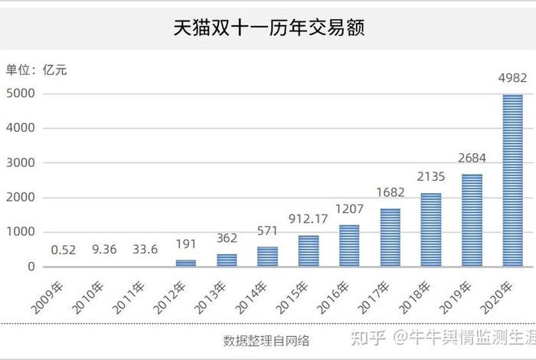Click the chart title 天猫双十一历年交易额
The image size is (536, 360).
coord(268,29)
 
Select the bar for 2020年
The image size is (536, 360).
coord(512,181)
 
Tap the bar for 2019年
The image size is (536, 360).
coord(472,221)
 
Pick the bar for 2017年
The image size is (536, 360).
coord(390,237)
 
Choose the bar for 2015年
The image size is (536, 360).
coord(308,250)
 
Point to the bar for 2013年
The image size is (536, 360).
coord(227,260)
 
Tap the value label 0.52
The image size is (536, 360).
coord(63,250)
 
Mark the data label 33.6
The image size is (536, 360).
coord(145,250)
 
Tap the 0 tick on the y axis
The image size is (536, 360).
coord(31,267)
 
